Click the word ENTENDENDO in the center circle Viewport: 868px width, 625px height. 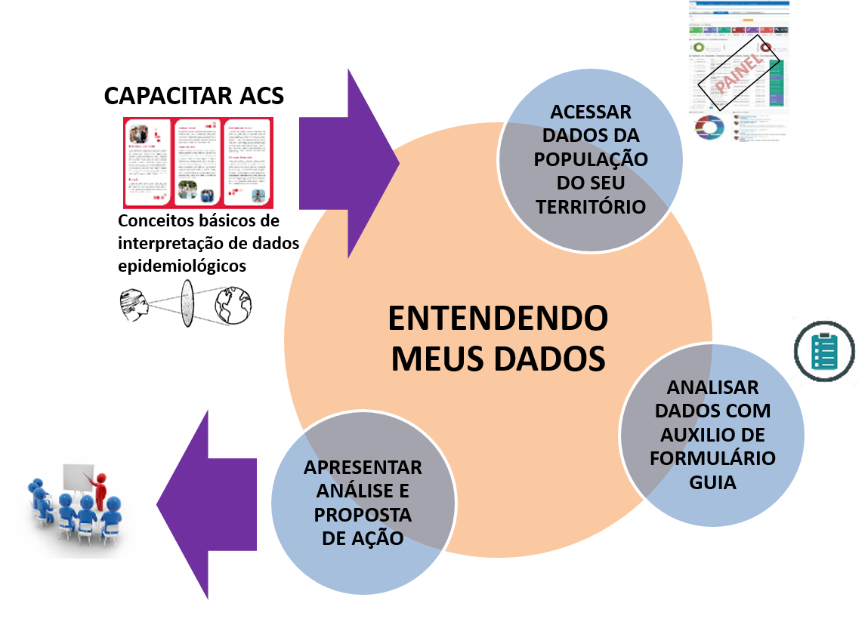click(498, 319)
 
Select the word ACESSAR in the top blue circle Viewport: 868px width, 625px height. click(591, 112)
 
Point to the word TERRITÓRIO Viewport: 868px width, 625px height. click(591, 207)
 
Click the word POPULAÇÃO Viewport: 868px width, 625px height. click(591, 160)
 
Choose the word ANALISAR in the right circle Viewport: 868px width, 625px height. click(712, 388)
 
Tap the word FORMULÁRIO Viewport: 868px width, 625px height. click(712, 459)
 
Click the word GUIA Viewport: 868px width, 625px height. click(712, 482)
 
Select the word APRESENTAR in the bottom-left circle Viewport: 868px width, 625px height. click(363, 468)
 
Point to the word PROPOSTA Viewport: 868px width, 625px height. click(363, 516)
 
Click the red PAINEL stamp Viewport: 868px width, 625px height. click(730, 80)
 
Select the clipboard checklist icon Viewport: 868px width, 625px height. click(824, 351)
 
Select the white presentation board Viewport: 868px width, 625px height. click(77, 479)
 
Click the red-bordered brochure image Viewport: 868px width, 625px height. click(199, 163)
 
